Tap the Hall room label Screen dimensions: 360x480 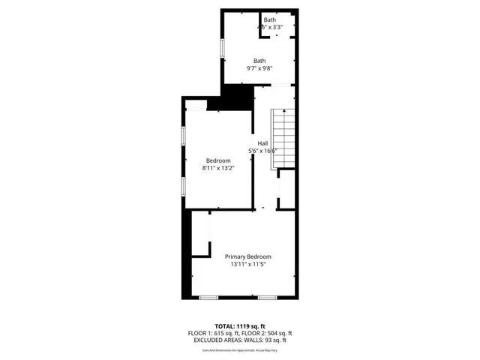click(x=262, y=143)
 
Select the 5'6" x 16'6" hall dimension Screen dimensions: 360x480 click(x=263, y=151)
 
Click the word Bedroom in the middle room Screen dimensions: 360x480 click(x=218, y=160)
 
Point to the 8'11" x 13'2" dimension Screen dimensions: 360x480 click(x=218, y=169)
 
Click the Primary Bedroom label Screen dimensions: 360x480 click(x=248, y=256)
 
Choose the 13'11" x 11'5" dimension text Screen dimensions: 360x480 click(x=248, y=265)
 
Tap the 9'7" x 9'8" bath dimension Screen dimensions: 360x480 click(x=259, y=69)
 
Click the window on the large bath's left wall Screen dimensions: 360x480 click(x=221, y=47)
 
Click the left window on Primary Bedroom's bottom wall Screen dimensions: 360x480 click(x=208, y=298)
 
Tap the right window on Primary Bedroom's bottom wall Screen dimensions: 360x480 click(x=268, y=298)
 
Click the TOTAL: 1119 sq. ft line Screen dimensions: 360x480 click(x=240, y=326)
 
